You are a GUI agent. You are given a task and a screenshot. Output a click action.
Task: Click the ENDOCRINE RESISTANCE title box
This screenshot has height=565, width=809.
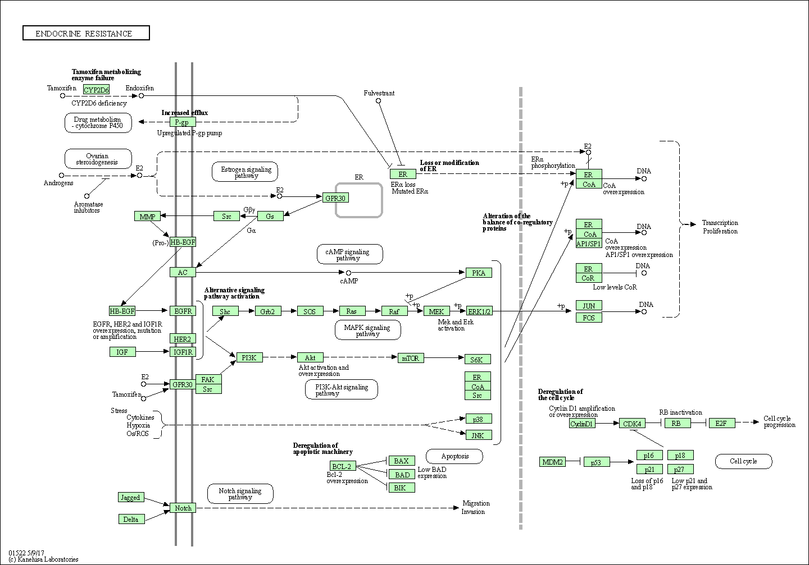[x=86, y=33]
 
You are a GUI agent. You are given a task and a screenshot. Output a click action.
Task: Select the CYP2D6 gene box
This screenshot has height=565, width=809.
[x=96, y=89]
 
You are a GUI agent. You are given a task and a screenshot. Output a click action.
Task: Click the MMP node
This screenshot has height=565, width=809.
[x=147, y=217]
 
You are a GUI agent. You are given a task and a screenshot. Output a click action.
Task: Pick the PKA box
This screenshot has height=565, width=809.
[x=479, y=273]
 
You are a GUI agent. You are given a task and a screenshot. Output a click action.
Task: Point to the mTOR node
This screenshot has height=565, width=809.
[x=410, y=358]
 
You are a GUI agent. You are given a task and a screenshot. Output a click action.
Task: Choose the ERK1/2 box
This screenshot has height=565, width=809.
[x=479, y=311]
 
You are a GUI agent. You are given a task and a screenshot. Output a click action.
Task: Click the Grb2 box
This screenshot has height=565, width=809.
[x=267, y=311]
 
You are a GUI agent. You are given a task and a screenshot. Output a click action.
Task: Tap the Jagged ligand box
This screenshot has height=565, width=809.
[x=131, y=497]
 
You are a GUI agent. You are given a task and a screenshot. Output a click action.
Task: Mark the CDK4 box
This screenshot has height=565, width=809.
[x=632, y=423]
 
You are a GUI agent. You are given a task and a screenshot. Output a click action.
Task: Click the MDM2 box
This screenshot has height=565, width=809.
[x=552, y=462]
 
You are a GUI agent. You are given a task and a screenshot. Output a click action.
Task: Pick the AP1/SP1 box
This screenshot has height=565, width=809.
[x=589, y=244]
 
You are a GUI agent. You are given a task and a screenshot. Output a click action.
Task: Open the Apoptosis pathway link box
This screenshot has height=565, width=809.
[x=455, y=456]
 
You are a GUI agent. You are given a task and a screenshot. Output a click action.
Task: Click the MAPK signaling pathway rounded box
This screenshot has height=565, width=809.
[x=367, y=330]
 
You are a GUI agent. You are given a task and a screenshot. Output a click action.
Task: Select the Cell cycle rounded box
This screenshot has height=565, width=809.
[x=743, y=461]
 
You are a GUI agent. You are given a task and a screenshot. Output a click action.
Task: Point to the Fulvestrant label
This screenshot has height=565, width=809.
[x=379, y=93]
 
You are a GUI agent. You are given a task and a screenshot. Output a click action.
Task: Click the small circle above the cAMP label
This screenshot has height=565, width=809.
[x=348, y=273]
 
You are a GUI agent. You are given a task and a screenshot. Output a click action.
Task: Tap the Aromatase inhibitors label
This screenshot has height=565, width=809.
[x=88, y=207]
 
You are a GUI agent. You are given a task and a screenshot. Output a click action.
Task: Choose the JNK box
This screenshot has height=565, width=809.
[x=479, y=435]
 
